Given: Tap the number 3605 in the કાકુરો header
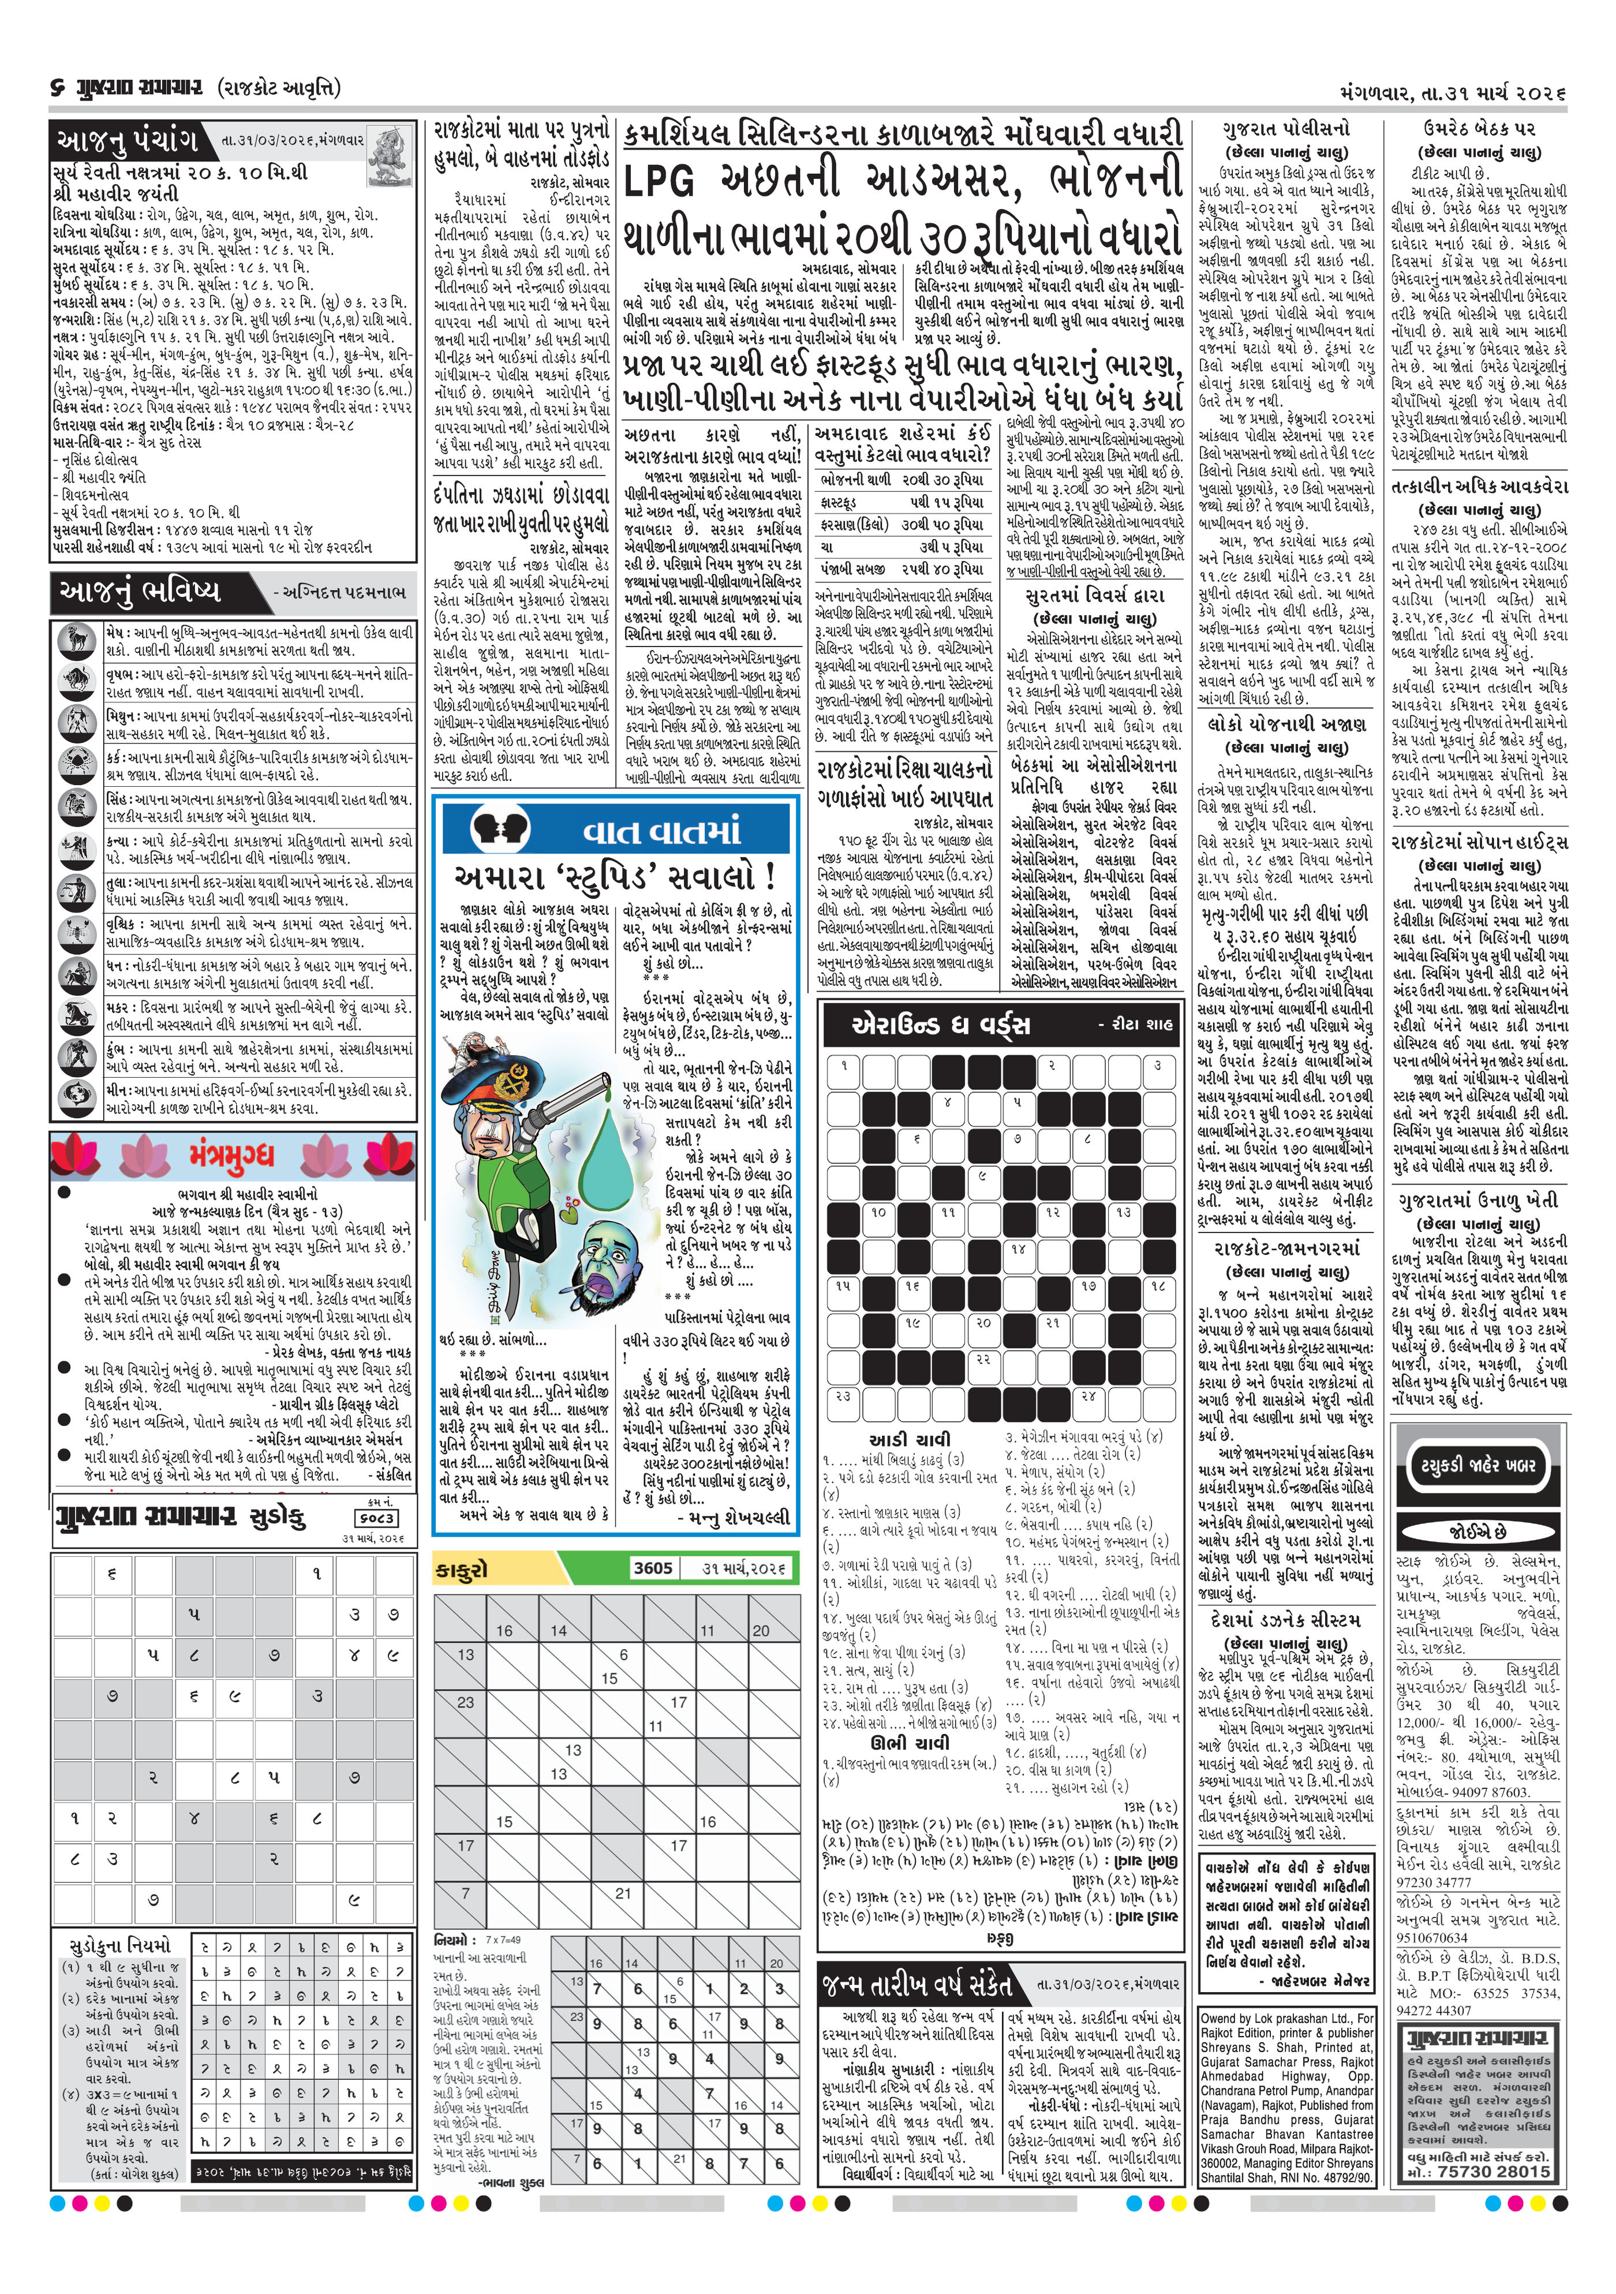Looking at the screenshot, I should (x=653, y=1568).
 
